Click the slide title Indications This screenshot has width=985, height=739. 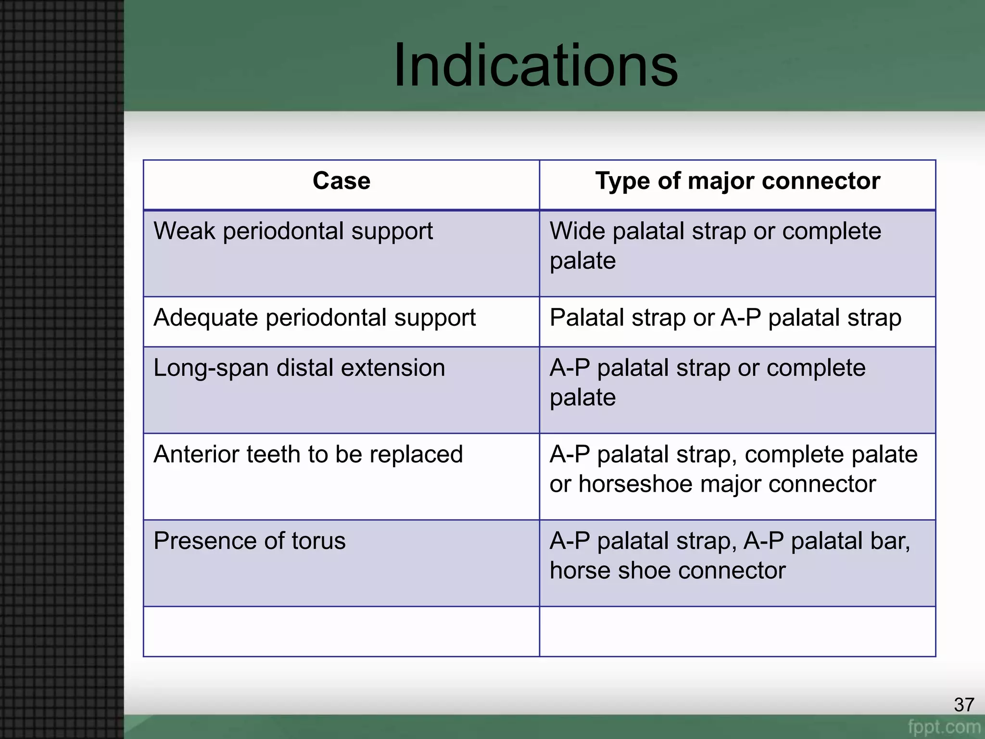pyautogui.click(x=535, y=65)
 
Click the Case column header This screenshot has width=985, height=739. pyautogui.click(x=341, y=181)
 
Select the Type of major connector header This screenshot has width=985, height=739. pyautogui.click(x=737, y=181)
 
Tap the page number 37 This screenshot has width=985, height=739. pyautogui.click(x=964, y=705)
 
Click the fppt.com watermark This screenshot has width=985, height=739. pyautogui.click(x=944, y=726)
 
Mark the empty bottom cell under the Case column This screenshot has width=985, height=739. pyautogui.click(x=341, y=631)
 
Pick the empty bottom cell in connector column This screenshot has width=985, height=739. pyautogui.click(x=737, y=631)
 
